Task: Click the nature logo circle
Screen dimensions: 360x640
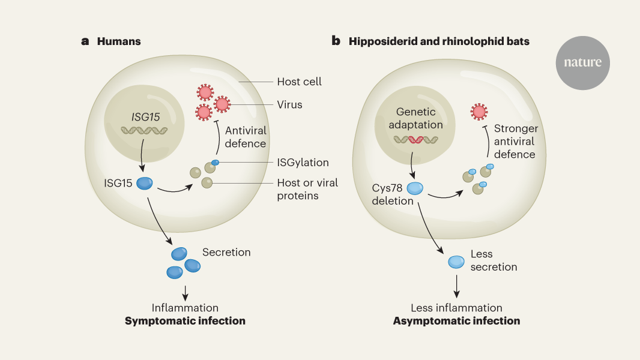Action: pos(582,62)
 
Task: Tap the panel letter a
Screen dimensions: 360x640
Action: pos(85,41)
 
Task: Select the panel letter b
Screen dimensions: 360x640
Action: pos(336,41)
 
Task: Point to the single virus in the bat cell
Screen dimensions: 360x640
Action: pos(478,111)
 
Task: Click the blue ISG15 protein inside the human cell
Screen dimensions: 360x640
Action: pos(145,183)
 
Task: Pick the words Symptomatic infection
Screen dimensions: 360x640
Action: pos(185,321)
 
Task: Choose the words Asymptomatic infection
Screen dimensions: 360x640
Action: pos(456,321)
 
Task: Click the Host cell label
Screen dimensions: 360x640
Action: pos(299,82)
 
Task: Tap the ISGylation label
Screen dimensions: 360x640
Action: pos(303,163)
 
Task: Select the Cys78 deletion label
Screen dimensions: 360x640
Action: pos(392,194)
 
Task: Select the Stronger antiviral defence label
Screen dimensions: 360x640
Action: pos(516,142)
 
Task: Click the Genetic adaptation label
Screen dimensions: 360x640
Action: pos(420,118)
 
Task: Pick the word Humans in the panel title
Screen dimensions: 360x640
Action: pos(119,41)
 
